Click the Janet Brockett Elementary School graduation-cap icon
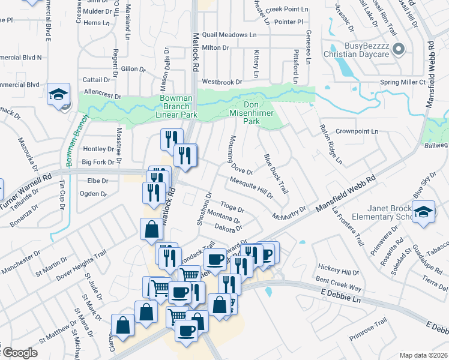click(424, 212)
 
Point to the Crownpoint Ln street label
click(357, 131)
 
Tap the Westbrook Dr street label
click(221, 82)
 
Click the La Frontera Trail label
click(347, 227)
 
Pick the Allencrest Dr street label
click(103, 96)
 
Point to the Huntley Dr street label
click(98, 149)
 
